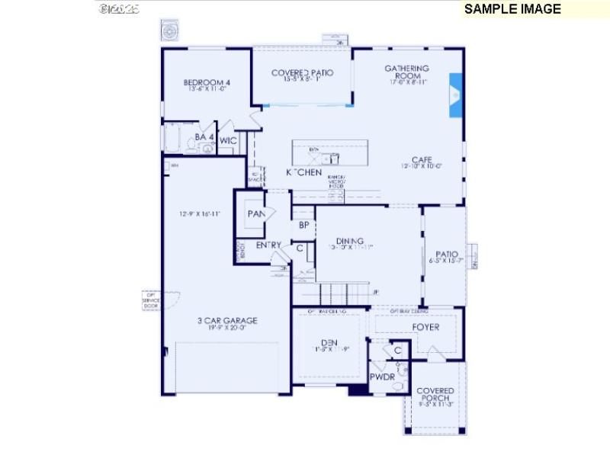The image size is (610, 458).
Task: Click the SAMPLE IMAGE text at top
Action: (512, 9)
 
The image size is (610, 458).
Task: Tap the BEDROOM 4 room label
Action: (207, 83)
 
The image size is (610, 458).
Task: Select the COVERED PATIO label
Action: (302, 73)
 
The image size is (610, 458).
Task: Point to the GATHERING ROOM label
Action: (406, 72)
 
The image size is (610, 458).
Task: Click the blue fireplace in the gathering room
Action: (455, 95)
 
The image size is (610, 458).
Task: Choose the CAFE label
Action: (422, 160)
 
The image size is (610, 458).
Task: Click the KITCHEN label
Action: (303, 173)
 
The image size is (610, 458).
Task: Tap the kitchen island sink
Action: (330, 158)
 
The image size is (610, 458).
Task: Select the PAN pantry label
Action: (255, 214)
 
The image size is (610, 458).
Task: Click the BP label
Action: (303, 226)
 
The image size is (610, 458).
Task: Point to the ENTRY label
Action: (268, 245)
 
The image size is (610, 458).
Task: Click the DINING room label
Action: (349, 242)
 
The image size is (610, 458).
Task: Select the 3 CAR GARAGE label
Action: (222, 322)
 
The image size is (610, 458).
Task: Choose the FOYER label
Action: (425, 328)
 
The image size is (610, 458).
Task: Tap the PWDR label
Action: (381, 377)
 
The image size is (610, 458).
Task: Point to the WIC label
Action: (228, 141)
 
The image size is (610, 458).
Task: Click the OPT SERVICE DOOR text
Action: (149, 299)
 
